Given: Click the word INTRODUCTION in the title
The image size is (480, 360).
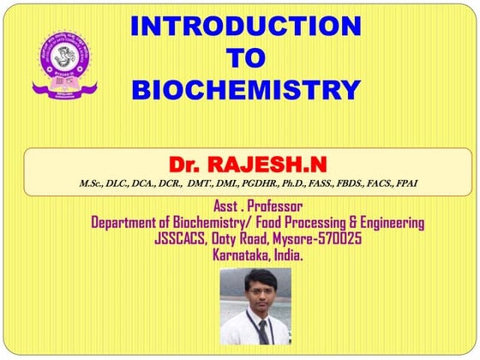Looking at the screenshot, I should tap(246, 26).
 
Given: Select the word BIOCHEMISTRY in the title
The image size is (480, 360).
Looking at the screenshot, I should tap(246, 88).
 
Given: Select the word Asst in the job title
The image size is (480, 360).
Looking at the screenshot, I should tap(224, 207).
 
